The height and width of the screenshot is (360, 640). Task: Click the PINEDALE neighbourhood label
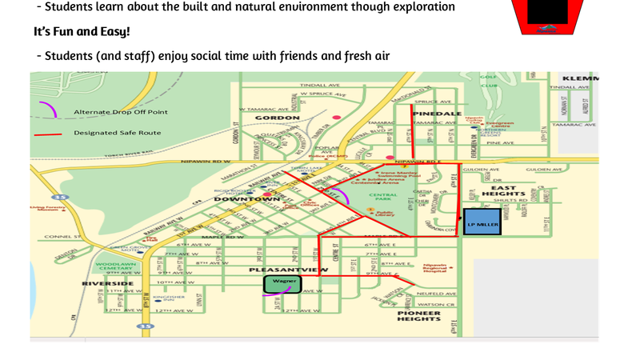point(437,114)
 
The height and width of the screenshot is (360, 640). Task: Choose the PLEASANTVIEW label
point(289,270)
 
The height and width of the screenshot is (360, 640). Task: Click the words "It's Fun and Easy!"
point(82,32)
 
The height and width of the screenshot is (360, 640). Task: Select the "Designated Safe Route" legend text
point(117,133)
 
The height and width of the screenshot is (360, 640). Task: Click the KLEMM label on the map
point(581,78)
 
